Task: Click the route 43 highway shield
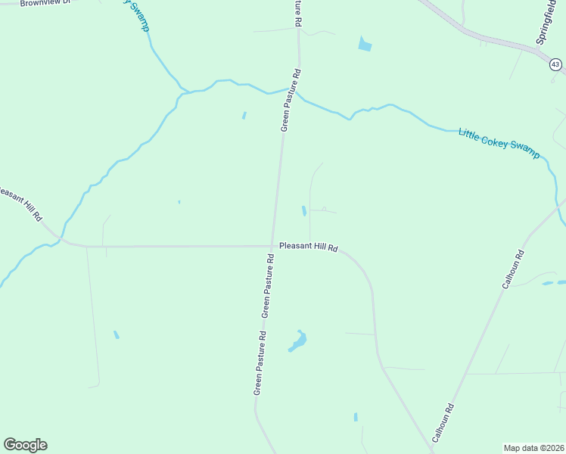(556, 65)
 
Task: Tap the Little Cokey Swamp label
(499, 142)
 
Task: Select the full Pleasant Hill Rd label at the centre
(308, 246)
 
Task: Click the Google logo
(25, 445)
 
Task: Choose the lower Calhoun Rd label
(443, 417)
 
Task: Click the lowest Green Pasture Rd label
(260, 363)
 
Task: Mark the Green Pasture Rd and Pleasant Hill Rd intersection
(273, 245)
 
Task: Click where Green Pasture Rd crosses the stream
(296, 92)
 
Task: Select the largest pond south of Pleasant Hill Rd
(297, 342)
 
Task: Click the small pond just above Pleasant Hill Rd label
(304, 211)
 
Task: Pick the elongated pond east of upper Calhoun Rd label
(548, 283)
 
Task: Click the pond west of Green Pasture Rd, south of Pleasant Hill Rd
(116, 334)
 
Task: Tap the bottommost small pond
(355, 417)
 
